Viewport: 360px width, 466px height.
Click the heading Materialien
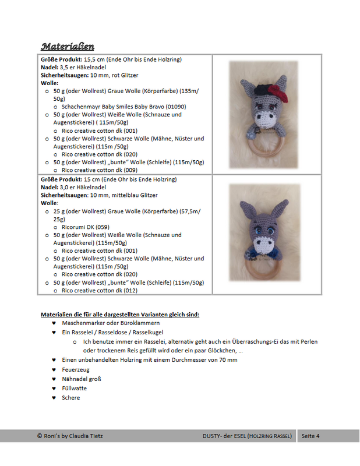click(x=67, y=46)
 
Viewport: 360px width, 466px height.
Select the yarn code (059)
click(x=100, y=227)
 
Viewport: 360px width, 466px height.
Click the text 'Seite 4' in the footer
click(x=310, y=436)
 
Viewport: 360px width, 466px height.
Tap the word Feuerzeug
click(x=76, y=369)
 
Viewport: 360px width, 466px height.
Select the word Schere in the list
click(x=70, y=397)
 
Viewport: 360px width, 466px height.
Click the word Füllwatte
click(x=75, y=388)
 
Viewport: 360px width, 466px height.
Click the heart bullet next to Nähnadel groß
click(x=54, y=379)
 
